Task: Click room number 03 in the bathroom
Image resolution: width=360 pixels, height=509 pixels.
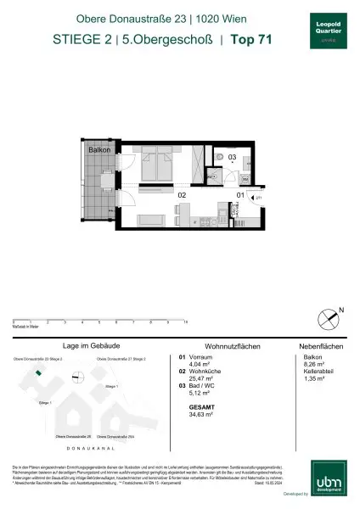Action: (x=231, y=158)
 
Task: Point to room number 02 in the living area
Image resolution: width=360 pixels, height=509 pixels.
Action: (x=181, y=195)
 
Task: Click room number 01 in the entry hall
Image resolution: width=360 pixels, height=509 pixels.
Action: (x=239, y=195)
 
